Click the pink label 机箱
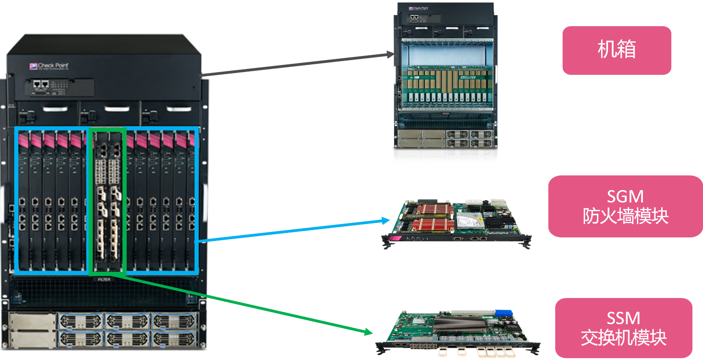(616, 50)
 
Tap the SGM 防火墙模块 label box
(625, 206)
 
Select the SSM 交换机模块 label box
(623, 328)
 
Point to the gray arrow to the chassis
(298, 64)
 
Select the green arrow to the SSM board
(243, 303)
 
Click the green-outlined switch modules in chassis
(107, 202)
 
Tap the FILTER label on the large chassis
(104, 279)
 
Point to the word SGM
(625, 197)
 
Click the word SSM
(623, 318)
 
